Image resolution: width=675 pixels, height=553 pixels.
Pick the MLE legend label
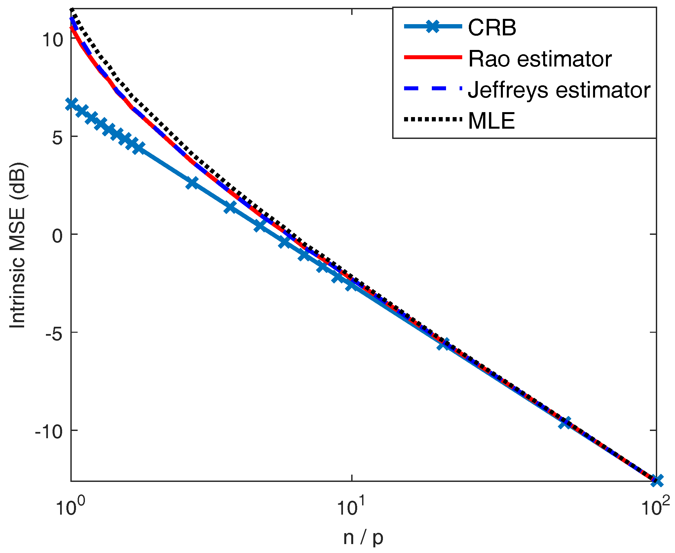pos(491,121)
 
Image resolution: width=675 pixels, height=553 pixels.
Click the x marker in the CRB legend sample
pos(432,26)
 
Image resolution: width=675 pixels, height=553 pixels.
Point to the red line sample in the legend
pos(432,57)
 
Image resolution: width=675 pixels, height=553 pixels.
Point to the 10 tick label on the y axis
pos(52,40)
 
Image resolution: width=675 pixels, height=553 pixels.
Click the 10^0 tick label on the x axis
pos(70,507)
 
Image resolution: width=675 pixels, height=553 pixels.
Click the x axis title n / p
pos(363,538)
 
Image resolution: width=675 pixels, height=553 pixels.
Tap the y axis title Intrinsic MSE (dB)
pos(17,245)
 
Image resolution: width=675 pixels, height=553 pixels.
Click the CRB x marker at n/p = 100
pos(656,481)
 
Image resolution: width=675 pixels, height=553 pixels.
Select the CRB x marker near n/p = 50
pos(565,423)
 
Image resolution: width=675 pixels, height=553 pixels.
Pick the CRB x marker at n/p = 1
pos(71,104)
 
